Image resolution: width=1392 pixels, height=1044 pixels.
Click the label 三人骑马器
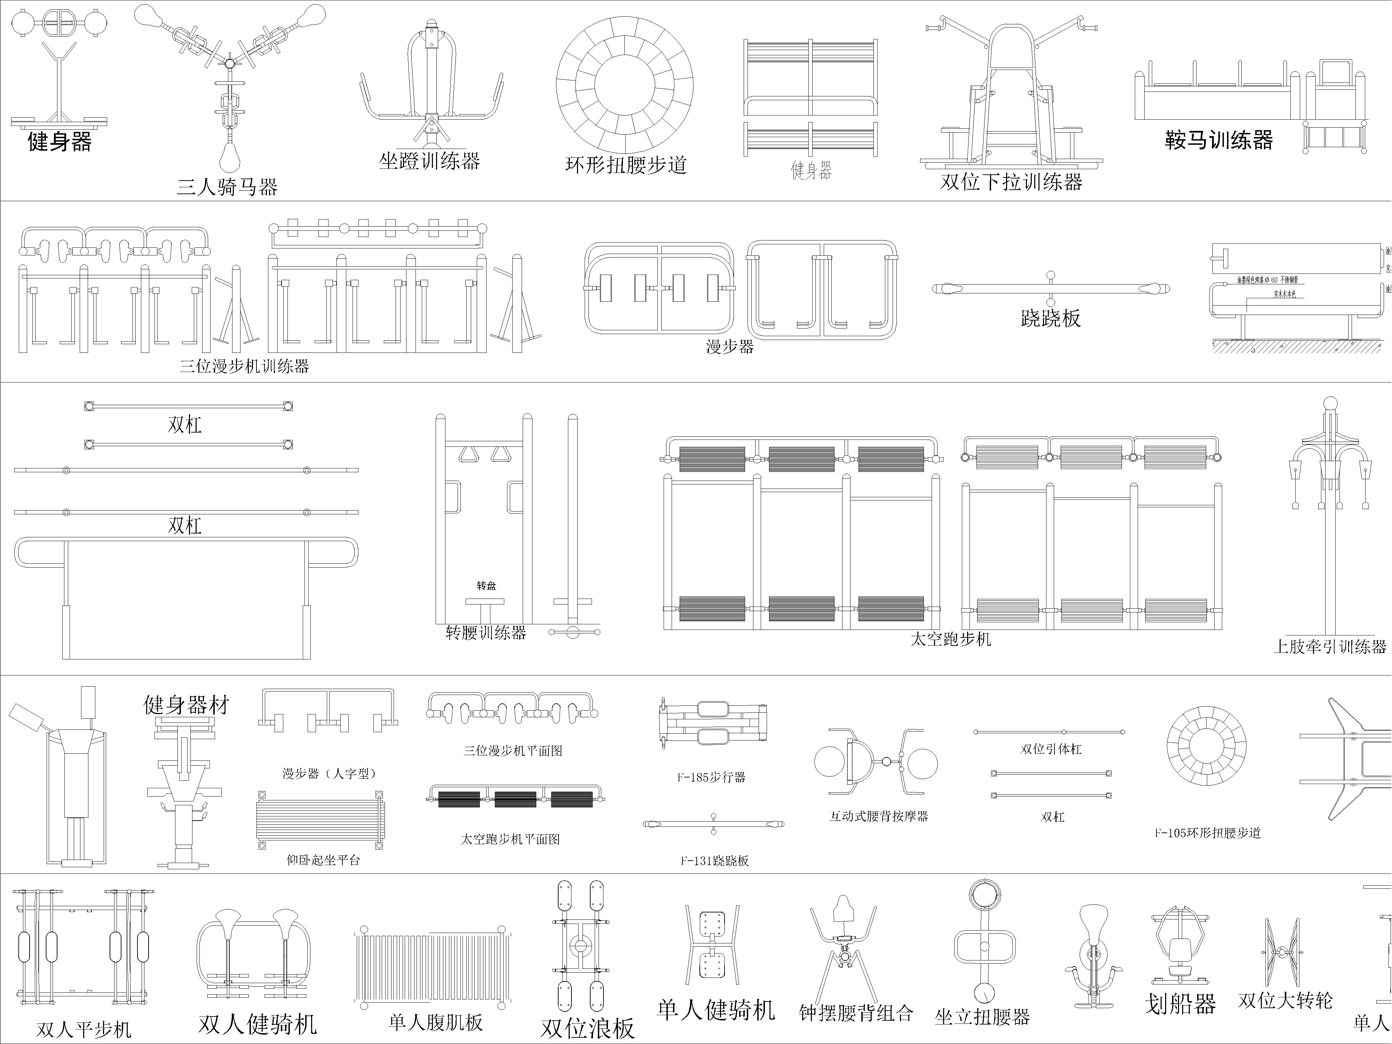pyautogui.click(x=227, y=187)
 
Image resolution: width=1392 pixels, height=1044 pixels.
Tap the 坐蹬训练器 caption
pyautogui.click(x=429, y=161)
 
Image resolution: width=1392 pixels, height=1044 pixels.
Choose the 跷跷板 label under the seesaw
pyautogui.click(x=1050, y=318)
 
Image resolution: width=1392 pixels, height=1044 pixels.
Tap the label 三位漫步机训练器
pyautogui.click(x=244, y=366)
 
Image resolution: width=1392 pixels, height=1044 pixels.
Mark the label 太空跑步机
pyautogui.click(x=950, y=639)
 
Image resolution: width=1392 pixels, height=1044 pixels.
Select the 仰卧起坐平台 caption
pyautogui.click(x=323, y=860)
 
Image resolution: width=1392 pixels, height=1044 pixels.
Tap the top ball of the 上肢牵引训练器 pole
pyautogui.click(x=1330, y=404)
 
